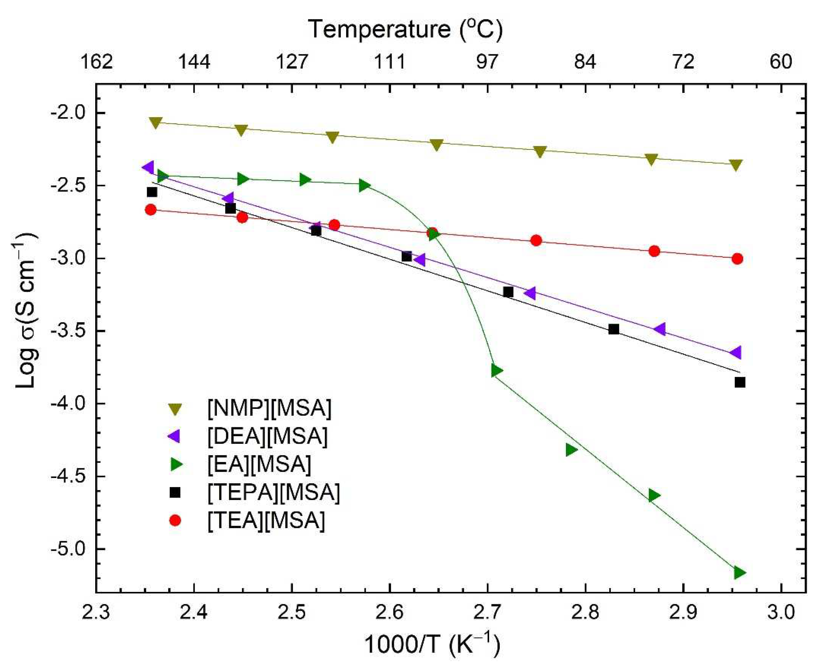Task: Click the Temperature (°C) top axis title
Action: [405, 29]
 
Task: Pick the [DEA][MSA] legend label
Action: [267, 436]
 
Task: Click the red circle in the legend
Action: [175, 521]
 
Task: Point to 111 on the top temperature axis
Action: [389, 62]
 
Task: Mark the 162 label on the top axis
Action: [96, 62]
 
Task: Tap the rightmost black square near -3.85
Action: [740, 382]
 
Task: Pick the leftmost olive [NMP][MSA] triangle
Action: [155, 123]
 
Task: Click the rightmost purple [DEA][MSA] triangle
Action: [736, 352]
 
